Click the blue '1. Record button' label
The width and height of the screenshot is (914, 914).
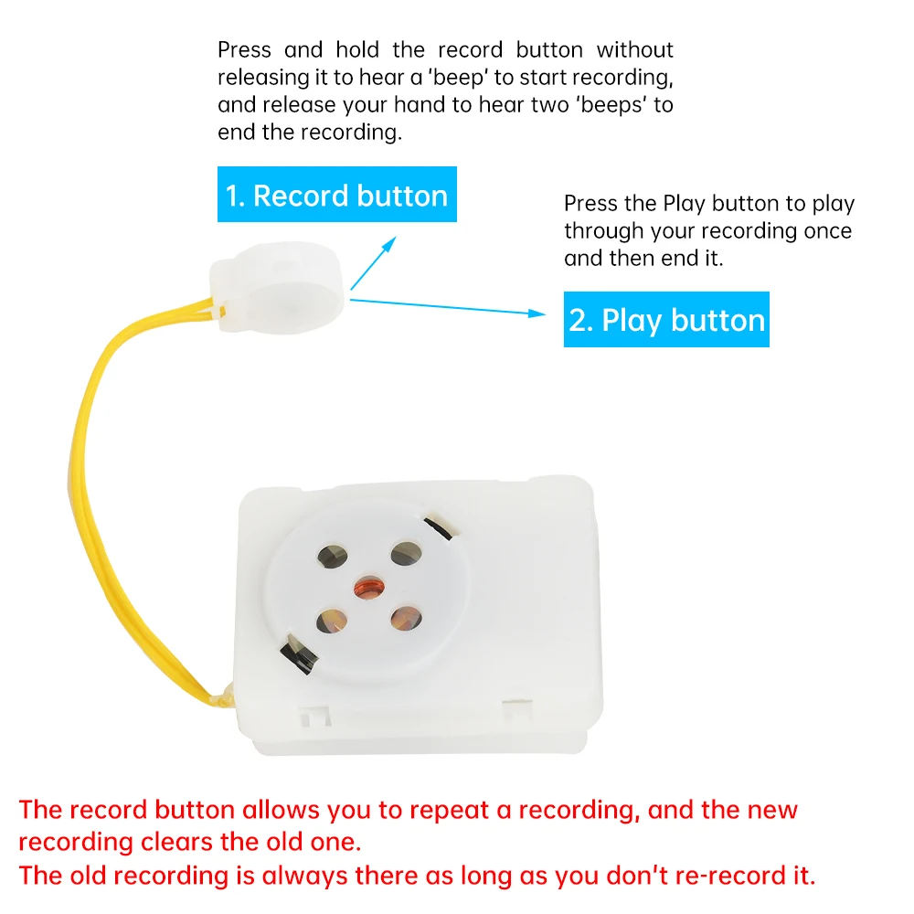[336, 195]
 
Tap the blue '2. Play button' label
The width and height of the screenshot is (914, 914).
[666, 320]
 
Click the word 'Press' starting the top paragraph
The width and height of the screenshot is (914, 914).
[243, 49]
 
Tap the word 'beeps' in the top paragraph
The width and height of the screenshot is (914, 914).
[612, 104]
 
